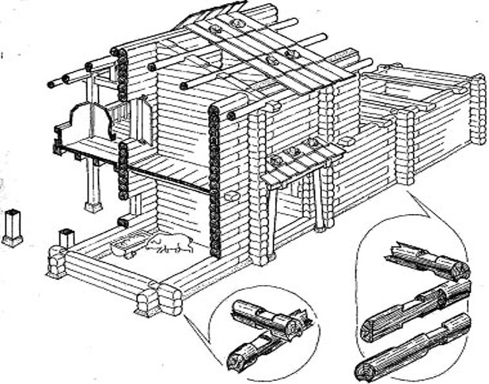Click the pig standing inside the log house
(x=169, y=243)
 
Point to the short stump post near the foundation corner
(x=66, y=238)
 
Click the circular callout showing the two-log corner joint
(x=265, y=333)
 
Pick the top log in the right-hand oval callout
(x=427, y=264)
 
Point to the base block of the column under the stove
(x=93, y=207)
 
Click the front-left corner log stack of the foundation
(x=56, y=262)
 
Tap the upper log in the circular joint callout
(x=265, y=317)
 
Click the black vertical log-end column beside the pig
(x=214, y=182)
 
